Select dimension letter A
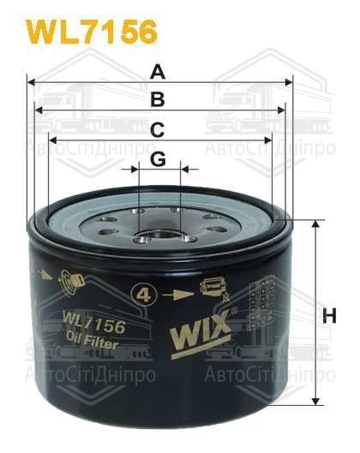click(159, 73)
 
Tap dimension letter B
click(159, 100)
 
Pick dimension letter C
click(159, 129)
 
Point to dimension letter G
click(159, 159)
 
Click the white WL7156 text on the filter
click(94, 326)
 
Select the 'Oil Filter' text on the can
click(94, 344)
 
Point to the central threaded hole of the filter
click(160, 229)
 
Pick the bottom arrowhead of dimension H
click(316, 400)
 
